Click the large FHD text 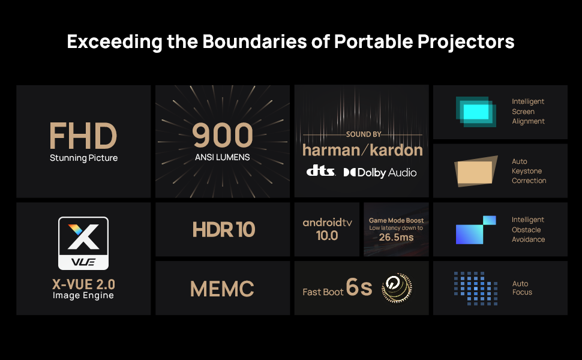83,136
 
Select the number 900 222,136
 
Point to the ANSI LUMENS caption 222,158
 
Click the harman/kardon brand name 362,150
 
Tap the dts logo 320,172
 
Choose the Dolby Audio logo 380,172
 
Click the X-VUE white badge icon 83,243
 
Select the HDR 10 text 223,229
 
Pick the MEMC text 222,289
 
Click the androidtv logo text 327,223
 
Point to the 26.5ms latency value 396,237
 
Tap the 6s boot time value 359,288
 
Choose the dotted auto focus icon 475,289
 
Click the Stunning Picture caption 83,158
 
